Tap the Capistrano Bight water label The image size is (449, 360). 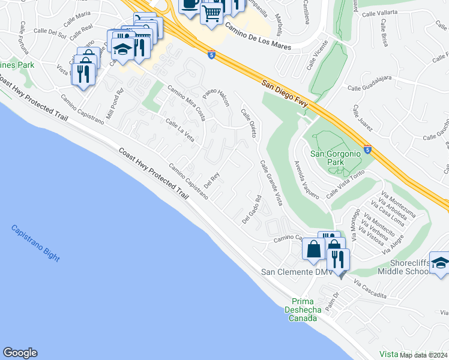point(35,242)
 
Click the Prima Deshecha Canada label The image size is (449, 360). point(304,310)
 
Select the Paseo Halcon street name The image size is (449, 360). point(216,95)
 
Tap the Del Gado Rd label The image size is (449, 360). point(252,210)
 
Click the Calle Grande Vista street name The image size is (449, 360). point(271,183)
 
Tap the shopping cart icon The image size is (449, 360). point(211,11)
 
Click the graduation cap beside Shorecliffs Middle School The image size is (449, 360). point(440,263)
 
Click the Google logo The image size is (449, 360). point(20,353)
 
